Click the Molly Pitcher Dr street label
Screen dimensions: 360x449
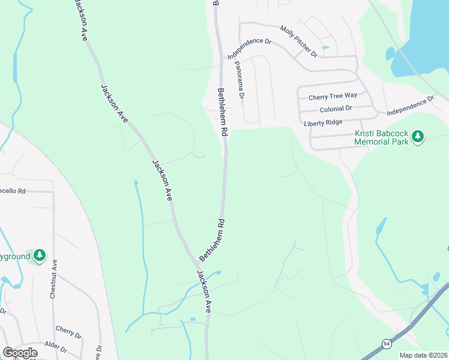click(298, 41)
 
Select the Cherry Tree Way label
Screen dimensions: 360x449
click(333, 97)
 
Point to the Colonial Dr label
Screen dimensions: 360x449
click(336, 109)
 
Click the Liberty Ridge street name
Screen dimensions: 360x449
click(323, 122)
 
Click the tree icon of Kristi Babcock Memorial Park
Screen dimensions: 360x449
click(418, 137)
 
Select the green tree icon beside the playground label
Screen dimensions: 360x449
click(40, 256)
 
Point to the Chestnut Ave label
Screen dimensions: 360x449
click(53, 279)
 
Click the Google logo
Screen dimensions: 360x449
click(20, 353)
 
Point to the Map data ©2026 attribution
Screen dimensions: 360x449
click(423, 355)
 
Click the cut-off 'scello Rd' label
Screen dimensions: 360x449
click(13, 191)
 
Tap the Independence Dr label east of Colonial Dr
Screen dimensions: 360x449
click(410, 106)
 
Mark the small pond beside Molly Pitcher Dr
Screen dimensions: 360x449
click(325, 47)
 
